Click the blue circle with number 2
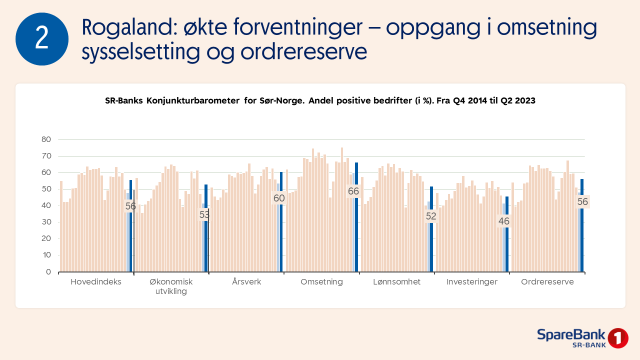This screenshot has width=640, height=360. [42, 39]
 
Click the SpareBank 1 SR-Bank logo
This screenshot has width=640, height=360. [582, 338]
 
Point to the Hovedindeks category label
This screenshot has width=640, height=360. [96, 282]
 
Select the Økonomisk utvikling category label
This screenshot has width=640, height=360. [171, 286]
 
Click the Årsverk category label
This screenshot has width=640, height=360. [246, 282]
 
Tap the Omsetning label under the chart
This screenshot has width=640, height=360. [321, 282]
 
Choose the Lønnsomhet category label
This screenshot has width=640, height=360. [397, 282]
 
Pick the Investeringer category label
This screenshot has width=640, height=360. [472, 282]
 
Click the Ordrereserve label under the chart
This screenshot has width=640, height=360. [547, 282]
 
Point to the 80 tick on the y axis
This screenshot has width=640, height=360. [46, 139]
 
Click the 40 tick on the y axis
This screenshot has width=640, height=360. [46, 205]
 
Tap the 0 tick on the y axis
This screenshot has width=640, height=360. [48, 272]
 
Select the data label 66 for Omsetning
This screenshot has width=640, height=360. [353, 191]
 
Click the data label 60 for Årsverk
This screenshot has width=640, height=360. [278, 198]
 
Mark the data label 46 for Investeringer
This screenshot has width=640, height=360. [503, 221]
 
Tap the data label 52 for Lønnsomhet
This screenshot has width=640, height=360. [430, 216]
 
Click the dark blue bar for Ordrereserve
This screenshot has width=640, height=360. [582, 225]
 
